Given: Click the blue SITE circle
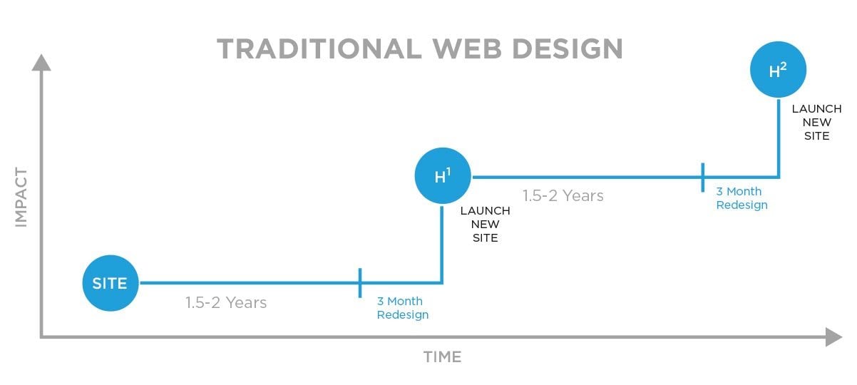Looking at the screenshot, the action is [x=111, y=283].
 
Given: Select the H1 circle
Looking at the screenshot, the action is [x=443, y=175].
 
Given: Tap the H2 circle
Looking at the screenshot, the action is [x=778, y=69].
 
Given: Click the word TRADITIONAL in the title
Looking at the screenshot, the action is [x=319, y=49].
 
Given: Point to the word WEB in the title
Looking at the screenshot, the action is [x=467, y=49].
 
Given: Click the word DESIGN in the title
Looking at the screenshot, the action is [x=568, y=49].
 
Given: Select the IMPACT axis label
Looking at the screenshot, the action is [x=21, y=197].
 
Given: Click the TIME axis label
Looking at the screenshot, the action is [x=442, y=357].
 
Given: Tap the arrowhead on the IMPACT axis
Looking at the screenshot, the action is [x=41, y=62].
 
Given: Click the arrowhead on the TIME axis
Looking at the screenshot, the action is [x=834, y=337].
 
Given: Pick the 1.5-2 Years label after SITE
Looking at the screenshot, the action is [x=226, y=303].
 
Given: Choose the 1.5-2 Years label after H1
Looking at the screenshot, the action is [x=563, y=196].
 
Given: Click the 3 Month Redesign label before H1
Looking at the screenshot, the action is [x=403, y=308].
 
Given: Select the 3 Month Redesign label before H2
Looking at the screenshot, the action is [x=741, y=198].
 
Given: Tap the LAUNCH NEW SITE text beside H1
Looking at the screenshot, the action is [x=485, y=225].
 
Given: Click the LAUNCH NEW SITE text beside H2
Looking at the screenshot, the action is [x=817, y=123].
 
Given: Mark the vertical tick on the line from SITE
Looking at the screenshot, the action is [x=360, y=283].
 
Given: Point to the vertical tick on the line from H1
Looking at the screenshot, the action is [x=703, y=178].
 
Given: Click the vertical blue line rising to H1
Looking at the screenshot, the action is [x=442, y=245].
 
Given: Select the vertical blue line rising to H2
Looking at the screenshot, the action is [x=779, y=138].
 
